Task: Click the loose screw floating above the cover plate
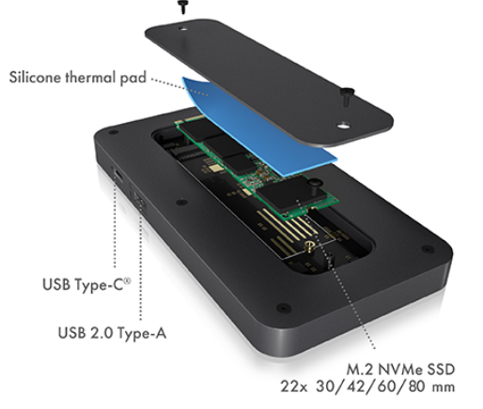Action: pos(180,7)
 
